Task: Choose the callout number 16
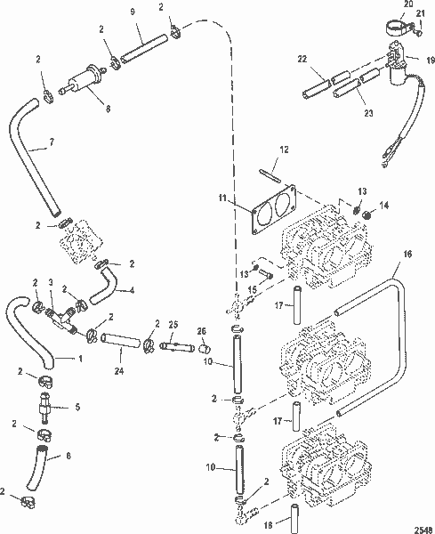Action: pyautogui.click(x=407, y=255)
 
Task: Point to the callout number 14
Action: pyautogui.click(x=384, y=205)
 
